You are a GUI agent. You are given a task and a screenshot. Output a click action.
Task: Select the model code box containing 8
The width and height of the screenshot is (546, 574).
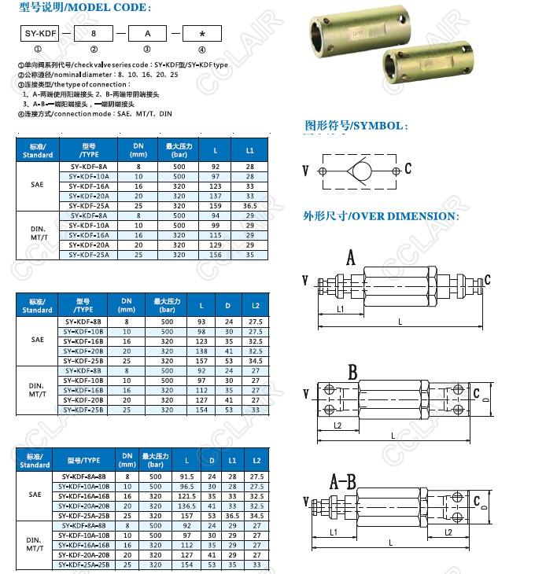click(x=94, y=34)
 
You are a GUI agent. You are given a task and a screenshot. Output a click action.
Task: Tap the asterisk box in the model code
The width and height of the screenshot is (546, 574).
click(x=201, y=34)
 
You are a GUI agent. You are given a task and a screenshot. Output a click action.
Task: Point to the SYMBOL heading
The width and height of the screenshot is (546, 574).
click(x=356, y=126)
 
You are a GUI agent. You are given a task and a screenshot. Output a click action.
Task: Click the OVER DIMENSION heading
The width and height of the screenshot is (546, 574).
click(x=380, y=216)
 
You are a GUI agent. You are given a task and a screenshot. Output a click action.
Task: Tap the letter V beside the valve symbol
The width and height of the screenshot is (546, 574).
click(x=305, y=171)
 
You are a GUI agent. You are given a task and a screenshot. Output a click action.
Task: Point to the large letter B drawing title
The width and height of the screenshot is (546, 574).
click(x=353, y=371)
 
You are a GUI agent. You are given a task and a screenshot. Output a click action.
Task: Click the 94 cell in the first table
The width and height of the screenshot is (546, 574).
click(x=215, y=215)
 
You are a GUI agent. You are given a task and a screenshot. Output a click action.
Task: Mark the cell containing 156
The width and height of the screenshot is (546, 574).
click(x=215, y=254)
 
